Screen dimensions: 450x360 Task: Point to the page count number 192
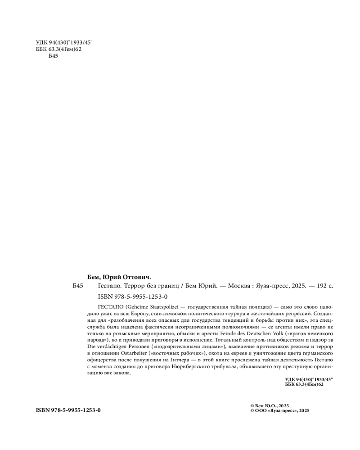tap(322, 286)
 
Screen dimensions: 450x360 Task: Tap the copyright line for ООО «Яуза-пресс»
tap(279, 410)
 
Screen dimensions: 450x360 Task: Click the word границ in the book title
tap(168, 286)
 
